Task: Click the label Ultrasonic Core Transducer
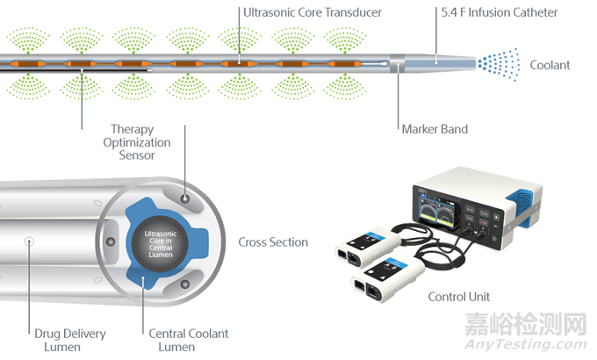(x=302, y=13)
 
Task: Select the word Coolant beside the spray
(x=550, y=65)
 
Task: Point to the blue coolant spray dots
(x=498, y=64)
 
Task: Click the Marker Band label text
(x=434, y=129)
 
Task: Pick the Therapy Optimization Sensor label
(x=136, y=142)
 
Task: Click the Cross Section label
(x=273, y=241)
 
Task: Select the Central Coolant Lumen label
(x=188, y=339)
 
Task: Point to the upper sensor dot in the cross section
(x=184, y=200)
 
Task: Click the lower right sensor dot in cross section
(x=184, y=284)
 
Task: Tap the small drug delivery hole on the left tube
(x=28, y=240)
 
